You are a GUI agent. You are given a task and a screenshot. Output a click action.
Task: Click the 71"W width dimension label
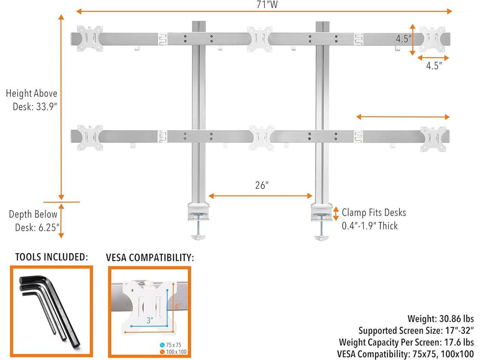(267, 4)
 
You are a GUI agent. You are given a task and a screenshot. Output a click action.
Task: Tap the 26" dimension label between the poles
(261, 185)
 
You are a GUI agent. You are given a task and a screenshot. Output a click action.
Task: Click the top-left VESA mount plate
(90, 39)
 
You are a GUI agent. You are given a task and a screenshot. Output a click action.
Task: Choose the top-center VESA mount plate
(259, 39)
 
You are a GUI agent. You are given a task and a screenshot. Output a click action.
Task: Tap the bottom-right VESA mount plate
(433, 139)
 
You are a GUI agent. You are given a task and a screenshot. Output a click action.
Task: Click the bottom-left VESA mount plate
(90, 138)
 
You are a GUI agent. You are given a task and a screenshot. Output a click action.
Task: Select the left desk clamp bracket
(198, 211)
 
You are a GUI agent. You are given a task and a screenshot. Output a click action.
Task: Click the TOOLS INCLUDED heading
(51, 257)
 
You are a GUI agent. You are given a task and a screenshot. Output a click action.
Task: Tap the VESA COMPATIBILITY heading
(150, 258)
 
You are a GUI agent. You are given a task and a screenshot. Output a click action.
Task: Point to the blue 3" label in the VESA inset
(150, 320)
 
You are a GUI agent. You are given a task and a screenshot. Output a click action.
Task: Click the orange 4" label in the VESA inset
(178, 306)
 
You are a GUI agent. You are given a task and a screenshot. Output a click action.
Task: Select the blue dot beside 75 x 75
(162, 345)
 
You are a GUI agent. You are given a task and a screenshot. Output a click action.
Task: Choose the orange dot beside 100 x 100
(162, 352)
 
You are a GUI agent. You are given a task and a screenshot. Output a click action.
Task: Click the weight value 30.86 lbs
(456, 319)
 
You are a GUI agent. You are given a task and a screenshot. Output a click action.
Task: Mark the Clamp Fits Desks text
(374, 213)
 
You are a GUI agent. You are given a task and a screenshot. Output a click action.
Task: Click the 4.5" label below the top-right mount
(434, 66)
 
